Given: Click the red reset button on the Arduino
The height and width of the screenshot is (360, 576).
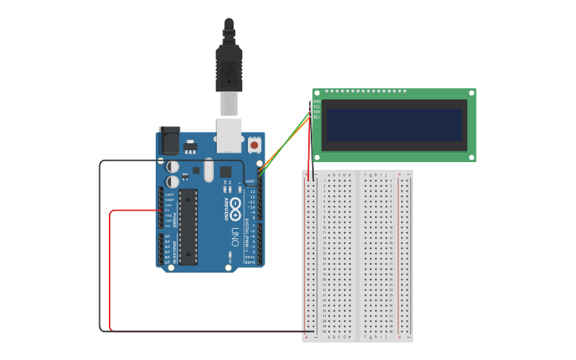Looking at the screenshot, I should point(254,145).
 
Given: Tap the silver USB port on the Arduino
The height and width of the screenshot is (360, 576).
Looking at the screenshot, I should point(229,135).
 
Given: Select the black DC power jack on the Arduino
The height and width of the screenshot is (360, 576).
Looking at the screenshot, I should point(169,141).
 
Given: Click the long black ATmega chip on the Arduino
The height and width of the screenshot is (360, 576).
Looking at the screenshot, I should point(188,226).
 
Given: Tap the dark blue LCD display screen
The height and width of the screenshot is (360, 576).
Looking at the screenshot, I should point(393,125).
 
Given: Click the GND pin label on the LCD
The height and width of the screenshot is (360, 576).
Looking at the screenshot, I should point(317,102).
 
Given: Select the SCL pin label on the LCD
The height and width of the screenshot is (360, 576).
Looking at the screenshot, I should point(317,117).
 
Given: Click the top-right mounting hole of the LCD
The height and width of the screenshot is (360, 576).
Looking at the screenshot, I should point(471,93).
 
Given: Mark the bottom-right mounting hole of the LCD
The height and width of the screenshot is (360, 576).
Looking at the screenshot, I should point(471,157).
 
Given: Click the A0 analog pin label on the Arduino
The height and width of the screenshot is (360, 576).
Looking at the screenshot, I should point(168,236).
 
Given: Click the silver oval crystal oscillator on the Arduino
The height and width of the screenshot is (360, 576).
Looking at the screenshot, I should point(208,169).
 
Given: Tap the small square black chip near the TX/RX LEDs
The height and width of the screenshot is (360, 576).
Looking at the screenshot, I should point(226,172).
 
